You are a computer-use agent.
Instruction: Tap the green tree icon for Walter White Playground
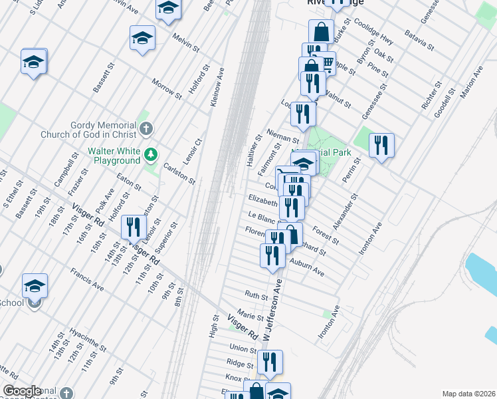[152, 155]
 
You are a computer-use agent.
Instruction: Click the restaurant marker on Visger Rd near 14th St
[133, 228]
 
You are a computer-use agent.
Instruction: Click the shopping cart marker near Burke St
[327, 63]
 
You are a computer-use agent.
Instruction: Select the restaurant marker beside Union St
[270, 362]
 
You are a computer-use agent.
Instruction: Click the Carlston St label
[179, 172]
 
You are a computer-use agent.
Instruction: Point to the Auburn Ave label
[306, 267]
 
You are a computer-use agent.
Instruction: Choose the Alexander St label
[346, 211]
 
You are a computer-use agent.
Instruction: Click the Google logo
[22, 391]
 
